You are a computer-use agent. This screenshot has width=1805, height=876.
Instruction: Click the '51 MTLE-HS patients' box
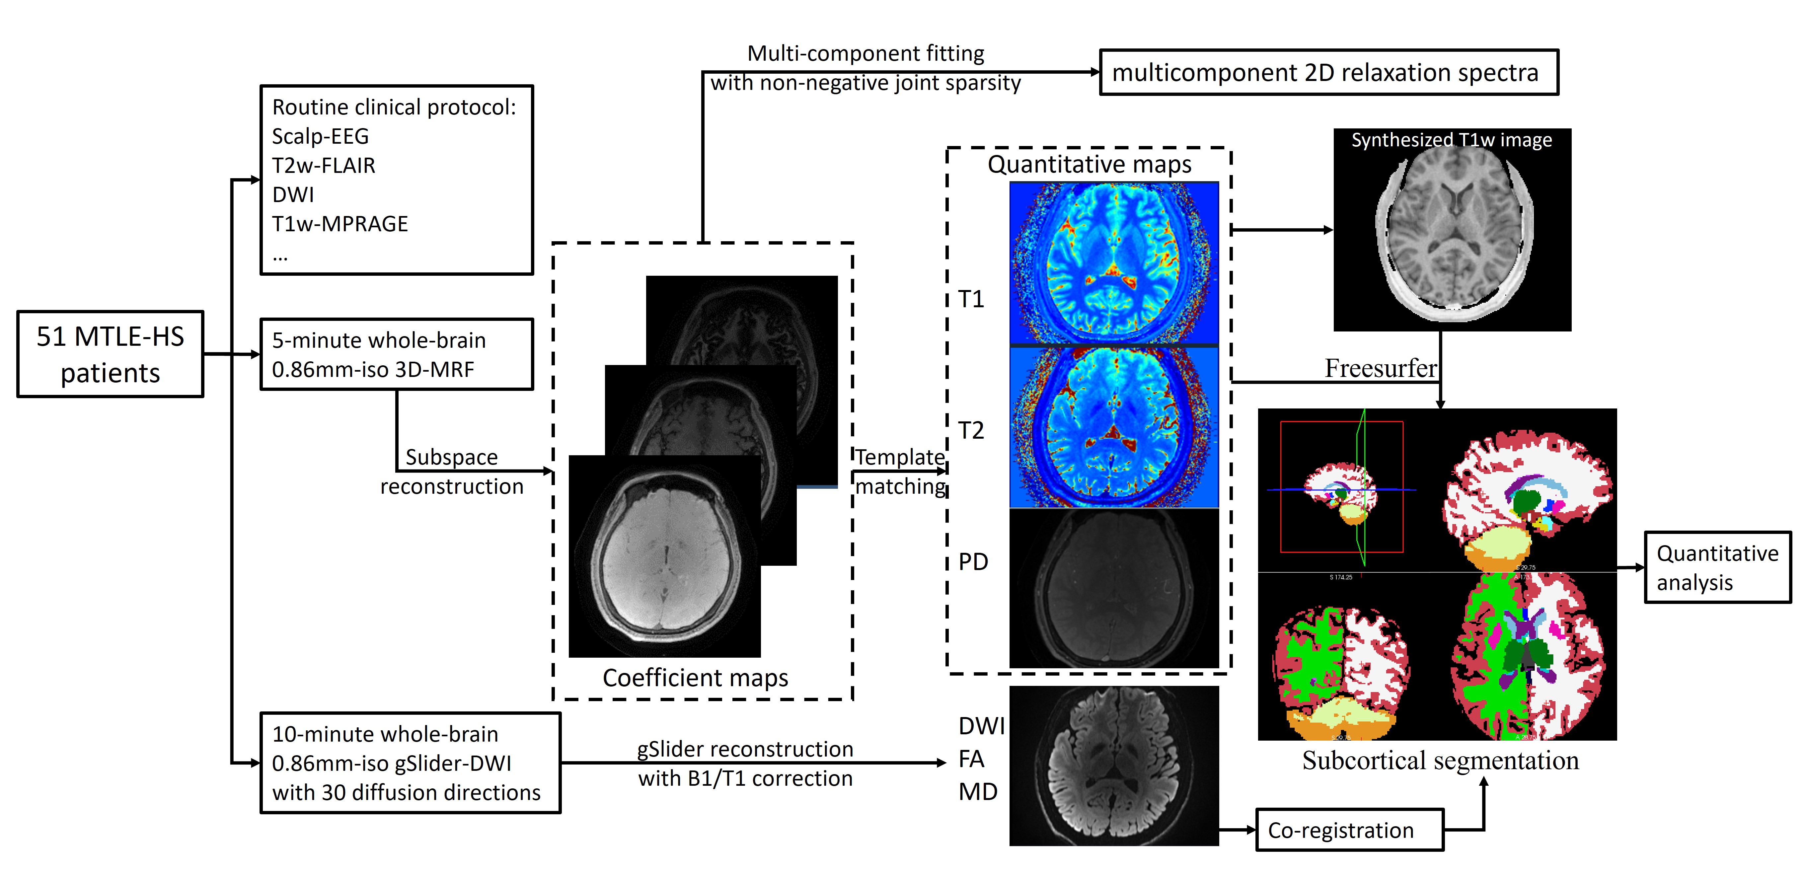point(110,354)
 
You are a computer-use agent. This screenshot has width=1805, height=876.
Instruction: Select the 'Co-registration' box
point(1350,830)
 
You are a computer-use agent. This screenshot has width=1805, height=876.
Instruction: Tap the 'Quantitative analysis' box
point(1717,567)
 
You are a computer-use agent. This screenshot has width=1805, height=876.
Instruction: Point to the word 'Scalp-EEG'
point(320,136)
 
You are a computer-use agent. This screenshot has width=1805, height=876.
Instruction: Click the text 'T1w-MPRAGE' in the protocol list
point(340,224)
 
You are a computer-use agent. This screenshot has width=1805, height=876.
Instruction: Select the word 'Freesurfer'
point(1380,368)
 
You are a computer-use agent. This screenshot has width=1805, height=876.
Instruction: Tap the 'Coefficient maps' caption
point(695,678)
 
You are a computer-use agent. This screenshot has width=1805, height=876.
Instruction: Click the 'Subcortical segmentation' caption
point(1441,761)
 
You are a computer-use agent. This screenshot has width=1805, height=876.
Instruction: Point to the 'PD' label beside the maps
point(973,561)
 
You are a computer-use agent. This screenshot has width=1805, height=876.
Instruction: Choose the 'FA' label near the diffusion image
point(971,759)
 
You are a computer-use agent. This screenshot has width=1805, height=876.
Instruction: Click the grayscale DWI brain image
point(1114,765)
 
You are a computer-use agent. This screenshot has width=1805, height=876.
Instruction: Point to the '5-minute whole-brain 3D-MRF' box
point(397,355)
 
